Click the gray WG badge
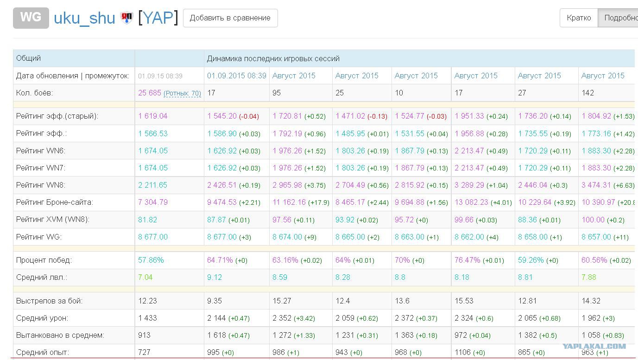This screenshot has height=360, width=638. pyautogui.click(x=31, y=18)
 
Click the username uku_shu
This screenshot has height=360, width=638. pyautogui.click(x=84, y=18)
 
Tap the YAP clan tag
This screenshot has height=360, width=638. pyautogui.click(x=158, y=18)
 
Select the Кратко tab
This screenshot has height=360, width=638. pyautogui.click(x=579, y=18)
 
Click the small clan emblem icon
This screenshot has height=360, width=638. pyautogui.click(x=126, y=18)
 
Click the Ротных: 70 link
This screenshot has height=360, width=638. pyautogui.click(x=182, y=93)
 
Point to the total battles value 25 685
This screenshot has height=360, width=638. pyautogui.click(x=150, y=93)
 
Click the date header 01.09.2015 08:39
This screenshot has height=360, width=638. pyautogui.click(x=236, y=76)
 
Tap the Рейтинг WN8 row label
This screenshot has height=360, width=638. pyautogui.click(x=41, y=185)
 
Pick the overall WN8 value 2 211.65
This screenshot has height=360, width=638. pyautogui.click(x=152, y=185)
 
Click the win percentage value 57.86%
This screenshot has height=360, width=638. pyautogui.click(x=151, y=260)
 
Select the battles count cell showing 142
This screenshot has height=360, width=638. pyautogui.click(x=587, y=93)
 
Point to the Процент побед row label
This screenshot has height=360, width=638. pyautogui.click(x=44, y=260)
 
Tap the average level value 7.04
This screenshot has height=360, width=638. pyautogui.click(x=145, y=277)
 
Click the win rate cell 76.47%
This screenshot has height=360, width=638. pyautogui.click(x=467, y=260)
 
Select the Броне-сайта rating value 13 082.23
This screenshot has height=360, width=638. pyautogui.click(x=471, y=202)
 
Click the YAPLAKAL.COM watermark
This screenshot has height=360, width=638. pyautogui.click(x=594, y=346)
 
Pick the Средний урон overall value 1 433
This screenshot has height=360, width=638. pyautogui.click(x=147, y=318)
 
